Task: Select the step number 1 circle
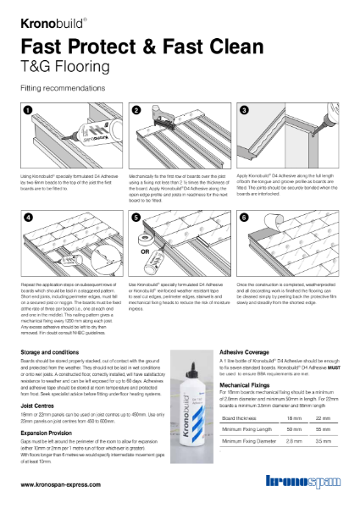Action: point(25,110)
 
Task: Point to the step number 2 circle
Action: point(136,110)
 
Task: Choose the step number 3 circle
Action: point(246,110)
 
